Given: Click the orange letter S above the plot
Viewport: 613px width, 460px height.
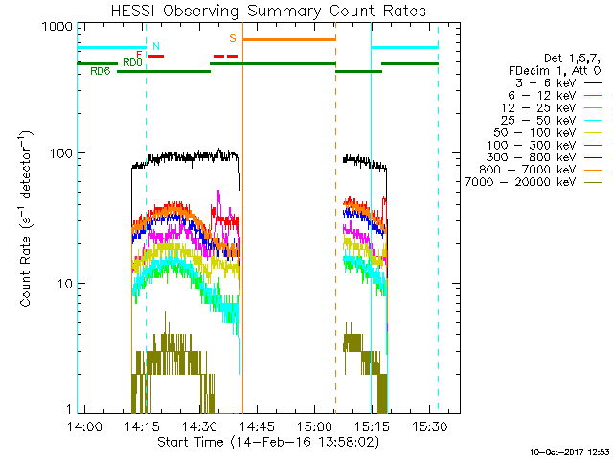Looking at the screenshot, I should pos(233,38).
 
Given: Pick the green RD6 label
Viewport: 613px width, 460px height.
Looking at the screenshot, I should pos(100,72).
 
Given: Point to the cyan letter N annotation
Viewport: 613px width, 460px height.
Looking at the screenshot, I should pos(156,46).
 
